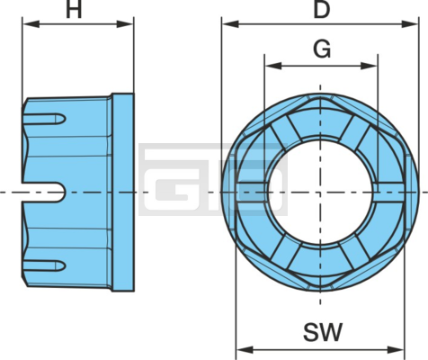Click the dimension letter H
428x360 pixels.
tap(74, 10)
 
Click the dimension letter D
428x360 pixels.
tap(322, 10)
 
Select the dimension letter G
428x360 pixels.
tap(322, 49)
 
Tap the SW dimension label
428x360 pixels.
tap(323, 332)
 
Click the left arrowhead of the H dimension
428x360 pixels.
tap(31, 24)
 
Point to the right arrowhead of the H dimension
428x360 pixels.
tap(125, 24)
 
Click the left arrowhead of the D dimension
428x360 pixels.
tap(230, 24)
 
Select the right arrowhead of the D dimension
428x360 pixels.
tap(409, 24)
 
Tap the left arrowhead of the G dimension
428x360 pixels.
tap(273, 66)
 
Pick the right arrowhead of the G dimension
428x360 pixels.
tap(369, 66)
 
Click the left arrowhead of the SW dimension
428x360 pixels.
tap(245, 350)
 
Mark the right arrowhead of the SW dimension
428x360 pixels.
tap(396, 350)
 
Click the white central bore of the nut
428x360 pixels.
tap(320, 192)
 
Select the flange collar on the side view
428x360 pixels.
tap(123, 193)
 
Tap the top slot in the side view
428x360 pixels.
tap(44, 119)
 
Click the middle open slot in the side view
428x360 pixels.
tap(43, 193)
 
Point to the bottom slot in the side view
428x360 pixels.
tap(44, 265)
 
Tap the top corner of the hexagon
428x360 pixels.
tap(320, 96)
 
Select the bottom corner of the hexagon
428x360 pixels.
tap(320, 288)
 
